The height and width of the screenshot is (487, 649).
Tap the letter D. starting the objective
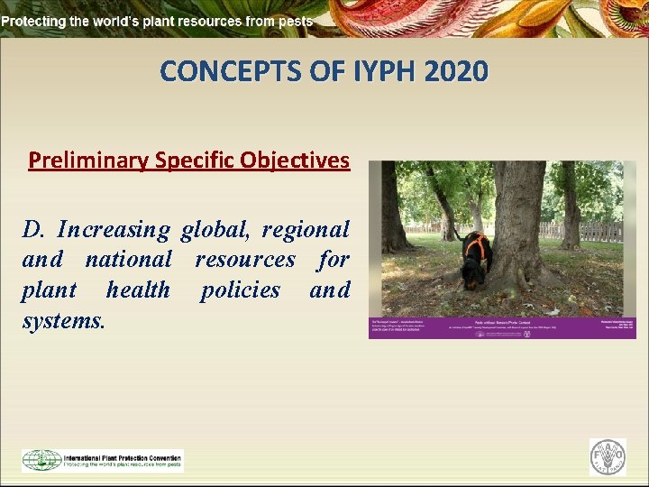[x=33, y=230]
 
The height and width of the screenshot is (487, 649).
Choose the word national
[x=128, y=260]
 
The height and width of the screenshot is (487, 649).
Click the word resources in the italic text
[x=245, y=260]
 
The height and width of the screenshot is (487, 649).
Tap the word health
[x=137, y=289]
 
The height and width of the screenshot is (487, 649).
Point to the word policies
[x=240, y=289]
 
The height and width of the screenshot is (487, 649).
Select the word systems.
[x=63, y=319]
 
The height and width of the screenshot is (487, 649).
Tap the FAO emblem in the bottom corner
[x=608, y=457]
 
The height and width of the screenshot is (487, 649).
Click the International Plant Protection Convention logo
[x=102, y=460]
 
